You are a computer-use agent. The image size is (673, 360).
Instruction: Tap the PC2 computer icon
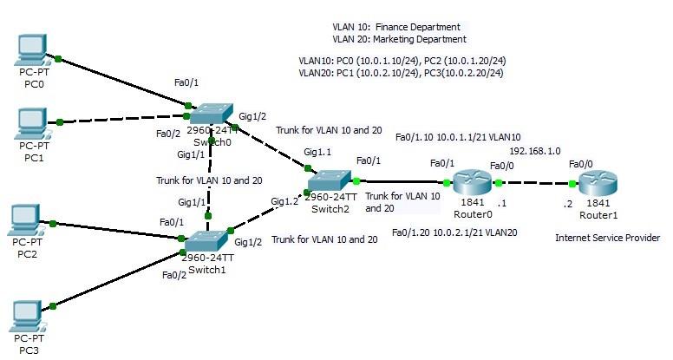pyautogui.click(x=33, y=220)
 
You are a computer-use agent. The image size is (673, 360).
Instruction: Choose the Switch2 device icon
pyautogui.click(x=329, y=180)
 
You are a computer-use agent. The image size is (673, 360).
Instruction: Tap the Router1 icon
pyautogui.click(x=598, y=183)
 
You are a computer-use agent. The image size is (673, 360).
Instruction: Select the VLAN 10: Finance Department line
pyautogui.click(x=396, y=27)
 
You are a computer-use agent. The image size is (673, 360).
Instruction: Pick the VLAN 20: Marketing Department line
pyautogui.click(x=399, y=39)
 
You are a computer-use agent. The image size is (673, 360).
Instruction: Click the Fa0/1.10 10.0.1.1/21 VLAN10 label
pyautogui.click(x=458, y=137)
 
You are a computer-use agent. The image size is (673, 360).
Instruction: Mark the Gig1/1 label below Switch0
pyautogui.click(x=191, y=154)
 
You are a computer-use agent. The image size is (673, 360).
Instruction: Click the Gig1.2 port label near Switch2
pyautogui.click(x=284, y=201)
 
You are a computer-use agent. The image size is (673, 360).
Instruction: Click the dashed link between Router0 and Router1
pyautogui.click(x=535, y=183)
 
